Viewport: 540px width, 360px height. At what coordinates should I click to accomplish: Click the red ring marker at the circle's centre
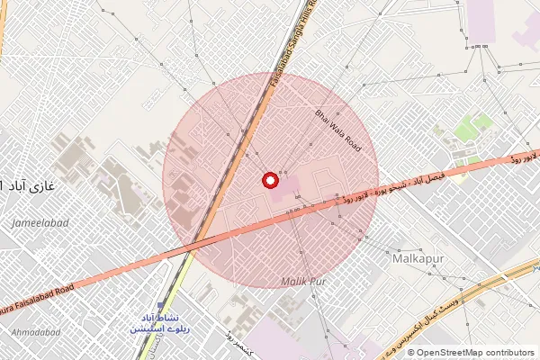[x=268, y=181]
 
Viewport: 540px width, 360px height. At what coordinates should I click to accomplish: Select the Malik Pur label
[x=302, y=283]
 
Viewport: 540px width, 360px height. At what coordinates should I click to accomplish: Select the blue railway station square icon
[x=162, y=307]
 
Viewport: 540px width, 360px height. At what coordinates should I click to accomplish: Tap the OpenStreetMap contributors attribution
[x=470, y=353]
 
